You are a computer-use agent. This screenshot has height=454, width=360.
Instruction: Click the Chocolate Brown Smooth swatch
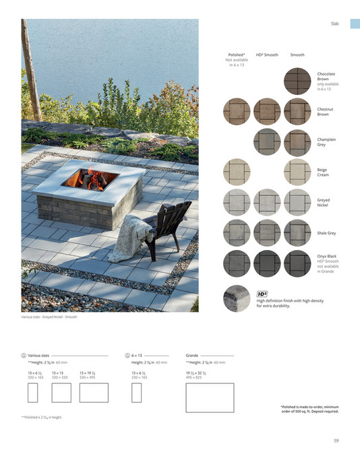(297, 81)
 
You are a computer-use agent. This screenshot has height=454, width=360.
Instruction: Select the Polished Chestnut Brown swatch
(237, 111)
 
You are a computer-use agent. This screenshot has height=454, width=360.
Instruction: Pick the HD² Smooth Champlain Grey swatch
(267, 141)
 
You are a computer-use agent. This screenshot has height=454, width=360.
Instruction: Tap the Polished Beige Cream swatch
(237, 172)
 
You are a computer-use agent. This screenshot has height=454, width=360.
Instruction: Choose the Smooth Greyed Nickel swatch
(297, 202)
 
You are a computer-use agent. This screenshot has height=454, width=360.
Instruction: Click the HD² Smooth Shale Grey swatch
(267, 232)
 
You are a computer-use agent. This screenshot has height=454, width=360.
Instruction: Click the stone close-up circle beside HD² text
(237, 297)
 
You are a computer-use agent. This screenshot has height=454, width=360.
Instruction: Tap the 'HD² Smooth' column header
(267, 54)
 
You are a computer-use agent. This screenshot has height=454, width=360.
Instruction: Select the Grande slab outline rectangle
(210, 397)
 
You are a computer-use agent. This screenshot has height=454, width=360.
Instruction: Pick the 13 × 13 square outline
(60, 392)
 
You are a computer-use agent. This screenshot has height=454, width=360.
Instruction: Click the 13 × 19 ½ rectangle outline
(94, 392)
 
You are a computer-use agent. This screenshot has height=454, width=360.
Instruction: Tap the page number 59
(336, 441)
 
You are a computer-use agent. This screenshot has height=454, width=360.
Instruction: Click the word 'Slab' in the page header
(334, 24)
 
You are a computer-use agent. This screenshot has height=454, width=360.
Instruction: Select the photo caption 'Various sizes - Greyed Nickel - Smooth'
(49, 317)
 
